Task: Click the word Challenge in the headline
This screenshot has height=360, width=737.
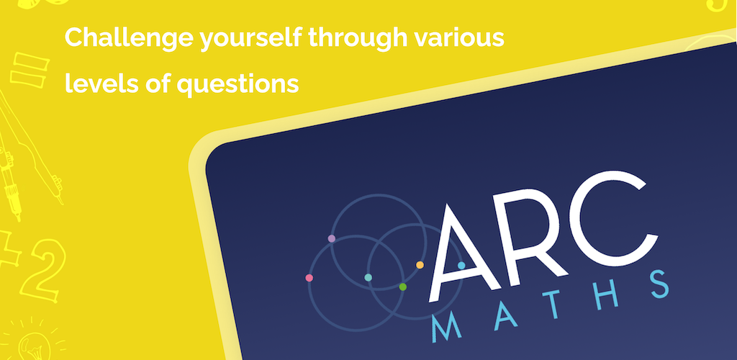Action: click(129, 37)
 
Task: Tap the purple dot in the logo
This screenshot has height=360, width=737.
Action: click(331, 238)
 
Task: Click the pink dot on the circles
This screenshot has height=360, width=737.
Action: click(309, 278)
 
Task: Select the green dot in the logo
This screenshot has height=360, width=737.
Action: click(402, 287)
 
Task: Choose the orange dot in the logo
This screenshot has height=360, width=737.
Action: click(420, 265)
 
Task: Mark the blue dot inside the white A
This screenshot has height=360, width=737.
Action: click(461, 266)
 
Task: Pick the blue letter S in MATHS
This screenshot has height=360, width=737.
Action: click(659, 284)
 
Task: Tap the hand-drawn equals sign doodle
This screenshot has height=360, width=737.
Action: click(30, 71)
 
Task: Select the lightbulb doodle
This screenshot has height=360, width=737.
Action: click(35, 341)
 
